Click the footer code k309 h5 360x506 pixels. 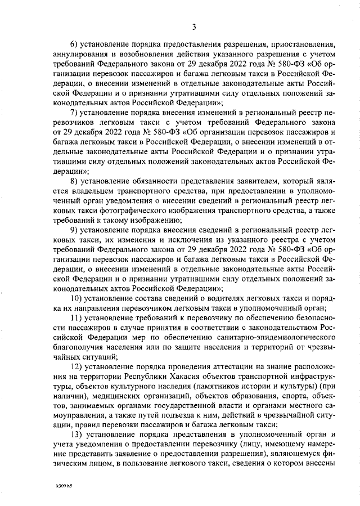pyautogui.click(x=64, y=483)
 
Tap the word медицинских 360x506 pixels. pyautogui.click(x=111, y=397)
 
